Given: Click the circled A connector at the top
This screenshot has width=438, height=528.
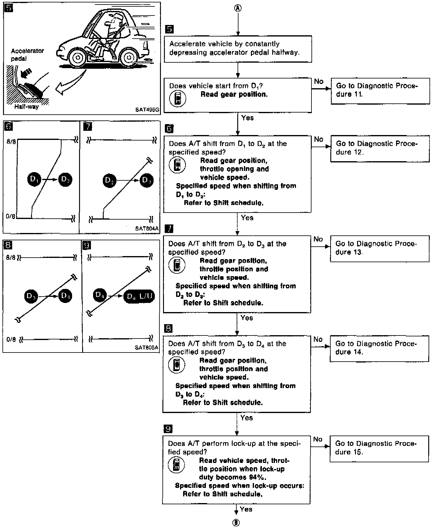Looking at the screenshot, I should pyautogui.click(x=238, y=8).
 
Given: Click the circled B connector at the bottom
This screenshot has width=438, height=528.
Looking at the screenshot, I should pyautogui.click(x=236, y=523).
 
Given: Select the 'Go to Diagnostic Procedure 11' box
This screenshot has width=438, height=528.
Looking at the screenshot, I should pyautogui.click(x=380, y=91).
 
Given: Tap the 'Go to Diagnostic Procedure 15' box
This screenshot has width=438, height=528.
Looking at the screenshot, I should pyautogui.click(x=379, y=449).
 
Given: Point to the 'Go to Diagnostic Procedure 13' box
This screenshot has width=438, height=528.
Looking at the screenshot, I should pyautogui.click(x=380, y=248).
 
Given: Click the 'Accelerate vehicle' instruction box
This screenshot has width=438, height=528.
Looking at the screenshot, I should pyautogui.click(x=238, y=49).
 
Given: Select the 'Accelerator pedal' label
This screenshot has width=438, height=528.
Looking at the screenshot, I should pyautogui.click(x=27, y=54).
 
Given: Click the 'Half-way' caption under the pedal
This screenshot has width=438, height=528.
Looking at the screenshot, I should pyautogui.click(x=26, y=107).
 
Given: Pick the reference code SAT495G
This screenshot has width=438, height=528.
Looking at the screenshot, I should pyautogui.click(x=147, y=110).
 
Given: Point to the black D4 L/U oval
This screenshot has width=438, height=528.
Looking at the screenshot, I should pyautogui.click(x=139, y=296).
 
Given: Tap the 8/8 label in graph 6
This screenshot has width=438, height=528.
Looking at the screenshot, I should pyautogui.click(x=11, y=141).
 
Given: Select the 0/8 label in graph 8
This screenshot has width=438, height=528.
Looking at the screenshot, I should pyautogui.click(x=11, y=339).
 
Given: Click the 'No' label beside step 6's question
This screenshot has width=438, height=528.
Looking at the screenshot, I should pyautogui.click(x=318, y=139).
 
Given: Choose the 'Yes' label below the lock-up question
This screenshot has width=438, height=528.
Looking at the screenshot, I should pyautogui.click(x=246, y=509).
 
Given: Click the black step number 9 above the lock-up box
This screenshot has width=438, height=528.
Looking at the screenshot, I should pyautogui.click(x=168, y=429).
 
